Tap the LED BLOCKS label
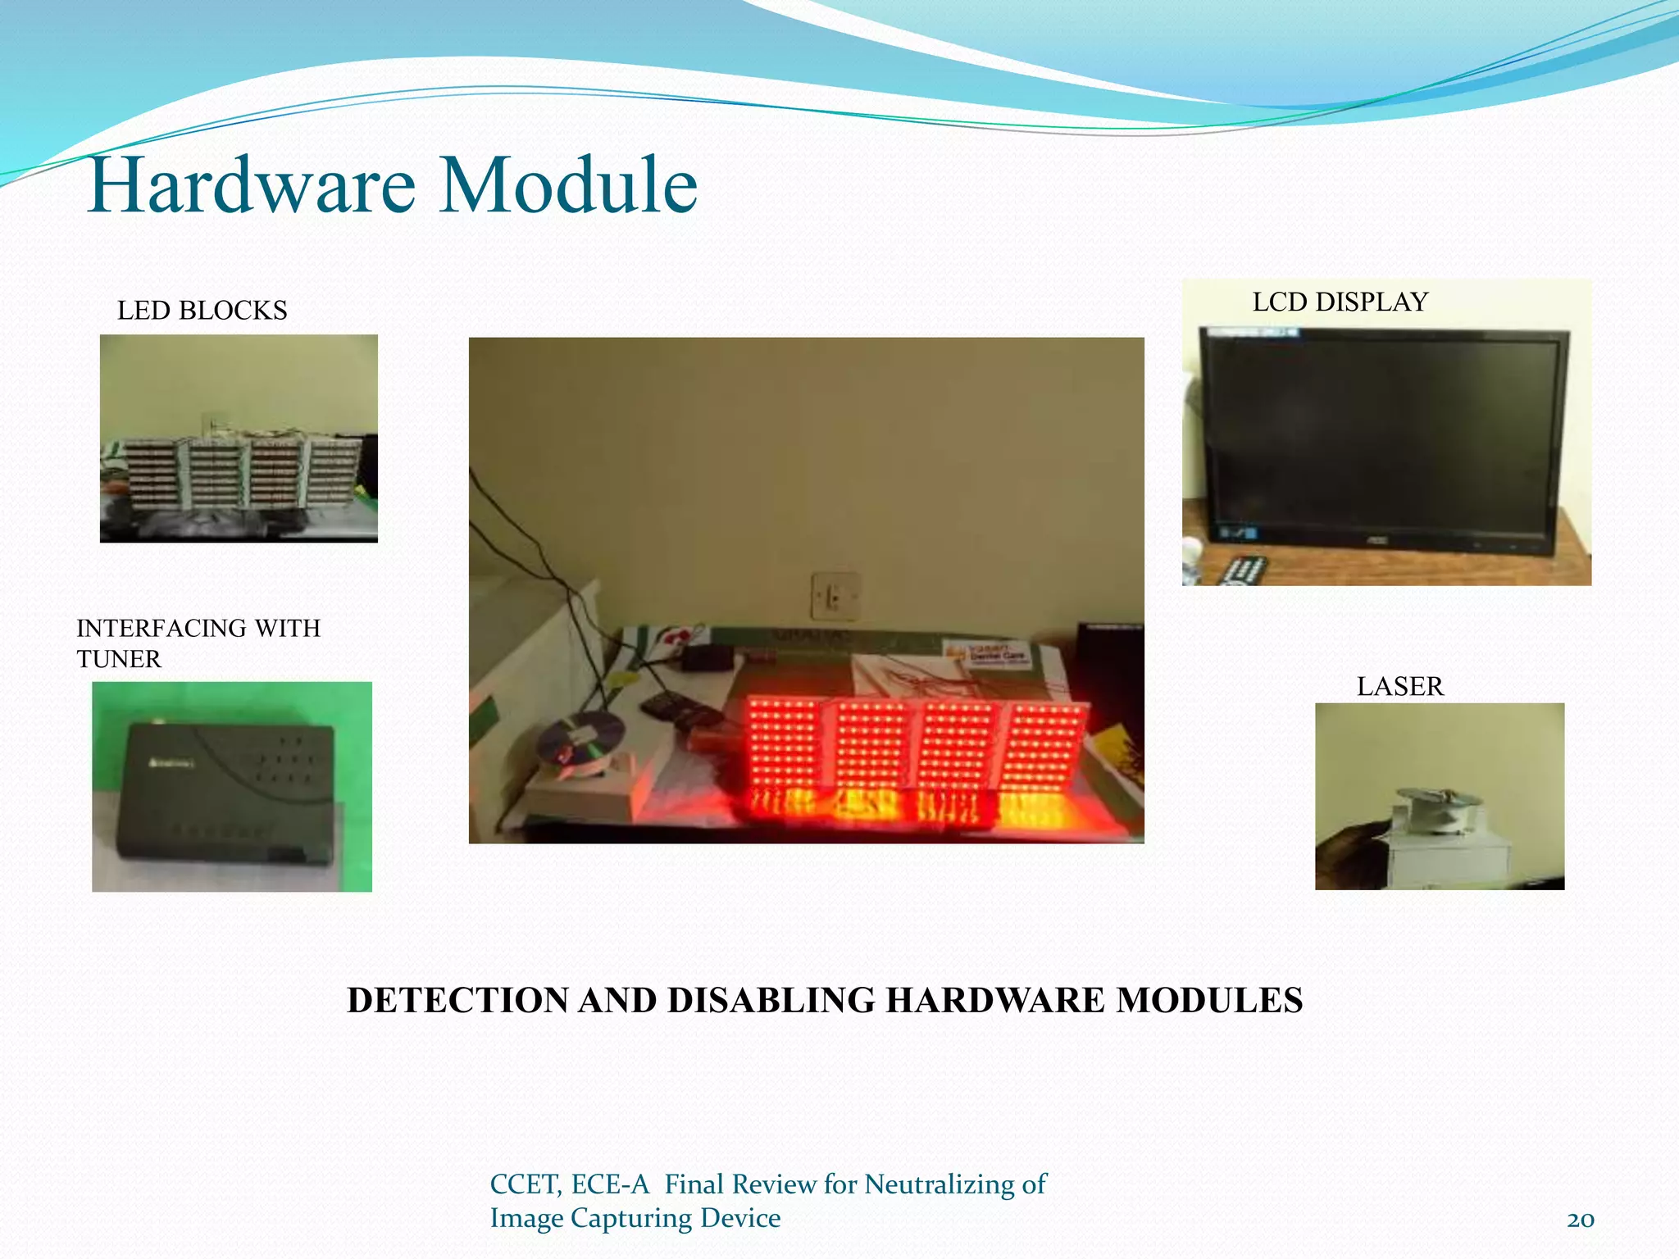(x=202, y=311)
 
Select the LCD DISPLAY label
(x=1340, y=302)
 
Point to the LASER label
(x=1399, y=686)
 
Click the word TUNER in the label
(x=119, y=659)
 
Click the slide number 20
(x=1580, y=1220)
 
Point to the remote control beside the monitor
(x=1242, y=570)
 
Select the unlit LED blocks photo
(x=239, y=439)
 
